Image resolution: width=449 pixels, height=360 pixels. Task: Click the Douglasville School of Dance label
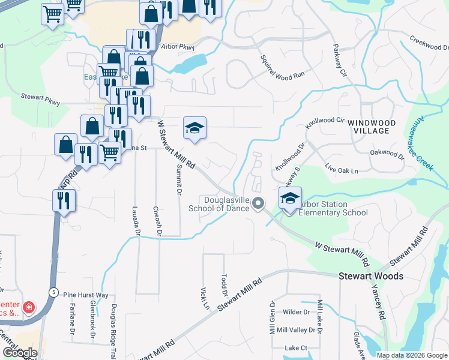click(x=223, y=204)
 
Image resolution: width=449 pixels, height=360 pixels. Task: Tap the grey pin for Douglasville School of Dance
click(x=259, y=204)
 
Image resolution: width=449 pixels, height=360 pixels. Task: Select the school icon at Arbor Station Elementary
click(x=290, y=199)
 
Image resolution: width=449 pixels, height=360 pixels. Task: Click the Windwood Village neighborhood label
click(x=370, y=127)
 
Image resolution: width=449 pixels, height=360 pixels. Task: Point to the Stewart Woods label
click(x=370, y=277)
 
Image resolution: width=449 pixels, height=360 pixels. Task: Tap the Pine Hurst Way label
click(x=85, y=295)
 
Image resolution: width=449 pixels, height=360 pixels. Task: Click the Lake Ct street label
click(x=296, y=347)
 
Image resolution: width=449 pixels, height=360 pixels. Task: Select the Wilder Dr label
click(x=296, y=312)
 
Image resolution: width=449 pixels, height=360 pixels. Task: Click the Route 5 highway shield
click(x=53, y=292)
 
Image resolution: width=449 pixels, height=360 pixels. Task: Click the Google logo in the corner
click(x=19, y=353)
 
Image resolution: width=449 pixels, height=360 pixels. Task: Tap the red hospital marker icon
click(x=29, y=308)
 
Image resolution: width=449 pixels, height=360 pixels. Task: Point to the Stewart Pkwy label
click(x=40, y=100)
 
